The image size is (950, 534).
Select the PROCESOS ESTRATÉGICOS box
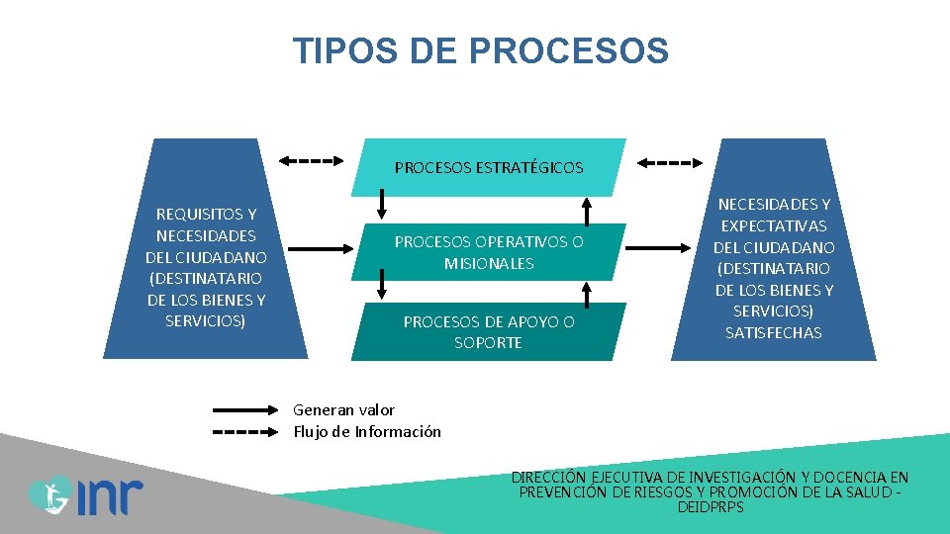[489, 167]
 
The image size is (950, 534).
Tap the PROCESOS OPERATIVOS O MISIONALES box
[489, 252]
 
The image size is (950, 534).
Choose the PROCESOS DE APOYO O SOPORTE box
[489, 331]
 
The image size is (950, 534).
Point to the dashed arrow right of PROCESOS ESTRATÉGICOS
[670, 162]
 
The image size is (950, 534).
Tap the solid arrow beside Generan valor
[247, 409]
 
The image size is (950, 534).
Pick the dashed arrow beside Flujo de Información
[247, 432]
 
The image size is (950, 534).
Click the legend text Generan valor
[344, 409]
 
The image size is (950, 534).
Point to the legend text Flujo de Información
[367, 431]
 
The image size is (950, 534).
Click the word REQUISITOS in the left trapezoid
[206, 214]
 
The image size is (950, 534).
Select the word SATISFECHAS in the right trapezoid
[773, 333]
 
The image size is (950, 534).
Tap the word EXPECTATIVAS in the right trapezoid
[773, 225]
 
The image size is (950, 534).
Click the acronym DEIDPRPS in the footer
[711, 507]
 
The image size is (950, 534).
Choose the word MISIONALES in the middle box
[489, 264]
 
